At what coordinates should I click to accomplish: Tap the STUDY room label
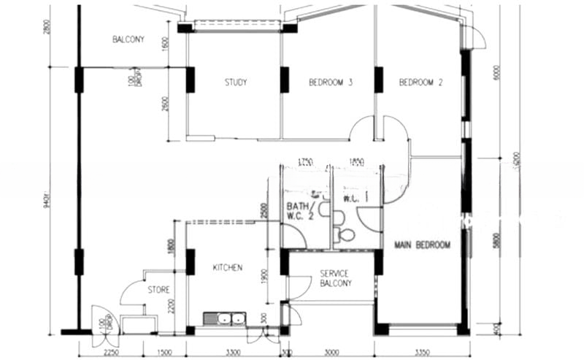point(235,83)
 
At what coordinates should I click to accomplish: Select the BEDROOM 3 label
point(331,83)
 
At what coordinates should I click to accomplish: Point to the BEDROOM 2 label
point(421,83)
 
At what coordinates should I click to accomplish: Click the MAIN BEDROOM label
point(422,245)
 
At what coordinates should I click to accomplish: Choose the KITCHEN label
point(227,268)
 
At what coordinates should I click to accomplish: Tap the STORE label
point(158,290)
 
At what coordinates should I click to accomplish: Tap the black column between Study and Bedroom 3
point(284,80)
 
